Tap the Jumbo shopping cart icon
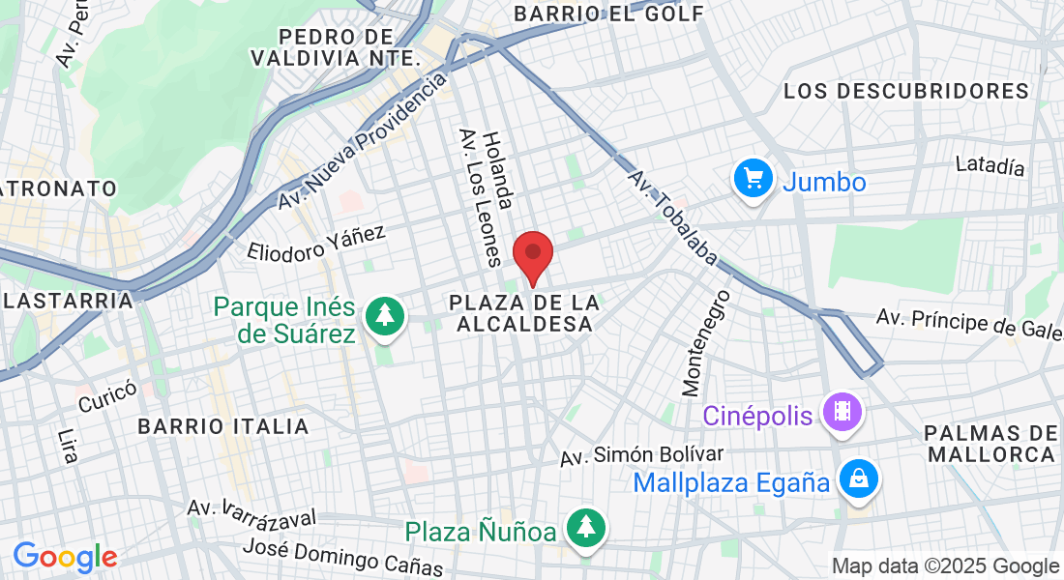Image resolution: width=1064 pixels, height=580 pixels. point(753,180)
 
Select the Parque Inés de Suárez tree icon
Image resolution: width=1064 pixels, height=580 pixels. point(385,317)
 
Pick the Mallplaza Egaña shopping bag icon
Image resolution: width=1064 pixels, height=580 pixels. point(858,479)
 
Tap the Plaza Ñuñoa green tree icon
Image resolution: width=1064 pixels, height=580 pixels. point(586,529)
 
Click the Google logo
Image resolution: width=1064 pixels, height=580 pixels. point(65,557)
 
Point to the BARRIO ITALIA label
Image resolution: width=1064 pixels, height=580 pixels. point(223,426)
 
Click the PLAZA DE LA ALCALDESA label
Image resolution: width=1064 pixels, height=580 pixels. point(524,314)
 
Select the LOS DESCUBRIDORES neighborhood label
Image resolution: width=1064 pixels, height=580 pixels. point(906,91)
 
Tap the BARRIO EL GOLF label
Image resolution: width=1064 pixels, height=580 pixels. point(608,14)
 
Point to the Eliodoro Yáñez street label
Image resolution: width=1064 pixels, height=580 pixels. point(316,245)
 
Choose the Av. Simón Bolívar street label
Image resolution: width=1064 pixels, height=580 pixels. point(642,455)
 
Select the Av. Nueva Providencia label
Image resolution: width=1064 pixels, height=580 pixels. point(361,141)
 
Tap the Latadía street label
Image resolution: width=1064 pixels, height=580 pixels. point(990,166)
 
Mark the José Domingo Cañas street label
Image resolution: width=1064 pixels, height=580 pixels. point(342,558)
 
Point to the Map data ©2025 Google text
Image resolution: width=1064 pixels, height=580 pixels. point(945,565)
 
